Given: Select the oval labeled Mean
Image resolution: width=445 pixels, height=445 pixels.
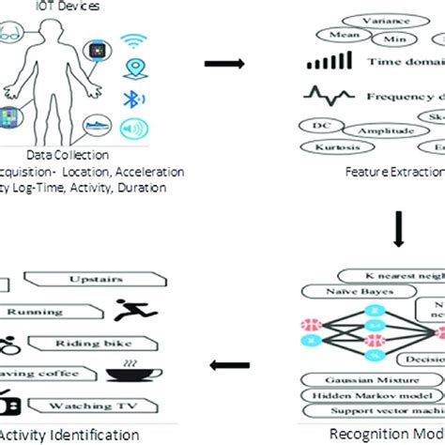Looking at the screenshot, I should (x=342, y=35).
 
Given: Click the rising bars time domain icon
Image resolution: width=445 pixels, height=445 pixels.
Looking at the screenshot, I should (x=322, y=64).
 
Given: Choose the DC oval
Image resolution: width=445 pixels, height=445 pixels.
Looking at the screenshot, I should (x=316, y=124).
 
